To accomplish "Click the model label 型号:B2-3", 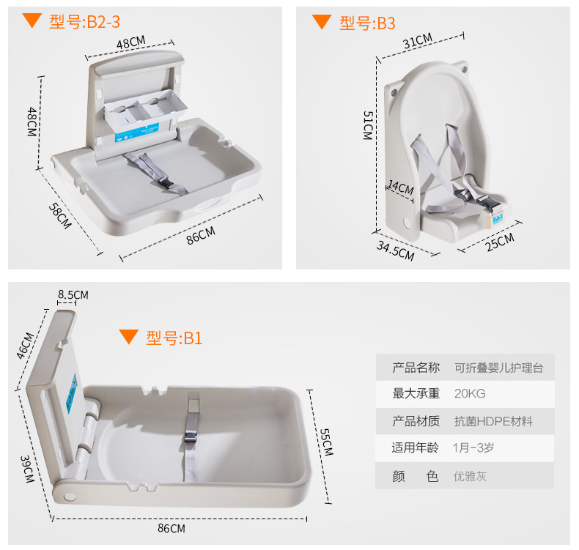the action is point(84,22).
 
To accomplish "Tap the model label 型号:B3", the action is point(367,23).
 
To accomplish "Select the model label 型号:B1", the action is point(174,338).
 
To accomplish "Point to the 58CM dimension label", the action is point(60,216).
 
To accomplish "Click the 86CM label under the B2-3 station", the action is point(201,236).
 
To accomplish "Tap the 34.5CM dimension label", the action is point(396,250).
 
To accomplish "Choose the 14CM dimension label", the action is point(401,187).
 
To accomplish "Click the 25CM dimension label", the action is point(500,242).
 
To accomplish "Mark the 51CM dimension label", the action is point(368,125).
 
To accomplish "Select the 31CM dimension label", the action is point(418,41).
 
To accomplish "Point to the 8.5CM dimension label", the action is point(73,294).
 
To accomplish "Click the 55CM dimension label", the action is point(326,442).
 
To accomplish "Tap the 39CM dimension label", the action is point(27,469).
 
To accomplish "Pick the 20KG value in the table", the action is point(470,393).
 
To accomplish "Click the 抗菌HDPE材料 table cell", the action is point(493,421).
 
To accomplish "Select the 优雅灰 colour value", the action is point(470,476).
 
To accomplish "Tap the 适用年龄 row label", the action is point(416,447).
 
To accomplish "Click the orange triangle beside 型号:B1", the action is point(129,336).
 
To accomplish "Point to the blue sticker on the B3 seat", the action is point(498,219).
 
